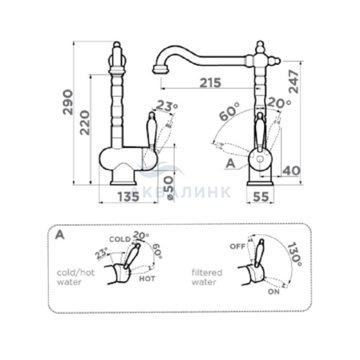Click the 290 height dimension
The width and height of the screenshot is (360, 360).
(68, 102)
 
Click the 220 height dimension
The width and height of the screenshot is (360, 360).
(84, 122)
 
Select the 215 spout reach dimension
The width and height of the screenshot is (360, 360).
(210, 83)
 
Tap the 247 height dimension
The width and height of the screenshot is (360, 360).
(294, 81)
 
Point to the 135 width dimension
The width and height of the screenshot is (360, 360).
(129, 196)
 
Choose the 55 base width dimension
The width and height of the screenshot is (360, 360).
(261, 196)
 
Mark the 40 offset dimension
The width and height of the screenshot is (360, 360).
(291, 171)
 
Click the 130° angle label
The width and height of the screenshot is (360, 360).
(295, 255)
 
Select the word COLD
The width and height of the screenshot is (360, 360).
(120, 240)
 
